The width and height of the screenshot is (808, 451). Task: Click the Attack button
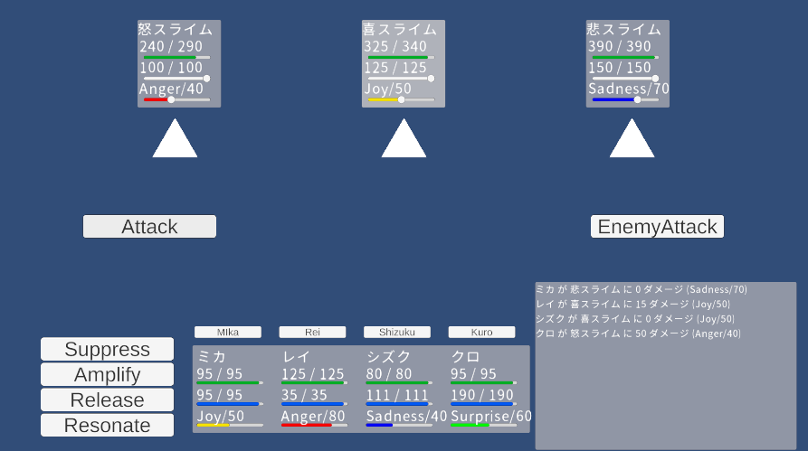(149, 227)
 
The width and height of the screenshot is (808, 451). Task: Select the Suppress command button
(107, 349)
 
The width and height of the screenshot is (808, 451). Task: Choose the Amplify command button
(107, 374)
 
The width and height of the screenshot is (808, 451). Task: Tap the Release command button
(107, 399)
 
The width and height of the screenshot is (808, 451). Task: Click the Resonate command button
(107, 425)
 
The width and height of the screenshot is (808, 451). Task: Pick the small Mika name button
(228, 332)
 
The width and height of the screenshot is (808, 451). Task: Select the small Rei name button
(312, 332)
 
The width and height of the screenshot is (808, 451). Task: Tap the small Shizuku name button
(397, 332)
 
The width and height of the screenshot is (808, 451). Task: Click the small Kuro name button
(481, 332)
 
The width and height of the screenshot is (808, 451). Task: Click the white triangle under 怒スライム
(175, 141)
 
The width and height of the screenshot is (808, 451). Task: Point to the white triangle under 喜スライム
(404, 141)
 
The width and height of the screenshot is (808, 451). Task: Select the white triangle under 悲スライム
(632, 141)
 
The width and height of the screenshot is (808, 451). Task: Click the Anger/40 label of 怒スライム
(171, 89)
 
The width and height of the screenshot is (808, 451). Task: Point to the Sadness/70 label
(628, 89)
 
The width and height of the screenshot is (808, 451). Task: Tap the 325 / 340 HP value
(394, 47)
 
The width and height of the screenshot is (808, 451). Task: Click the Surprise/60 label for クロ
(491, 416)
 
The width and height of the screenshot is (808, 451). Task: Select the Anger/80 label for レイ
(313, 416)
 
